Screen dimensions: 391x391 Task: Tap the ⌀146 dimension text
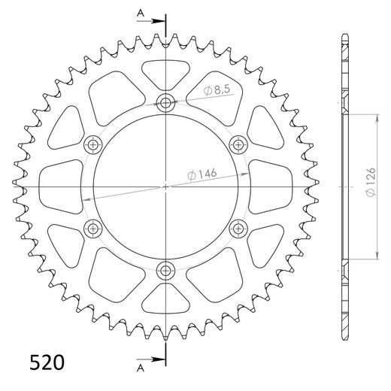pos(201,174)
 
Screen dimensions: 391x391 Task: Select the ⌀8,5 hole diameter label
pos(217,90)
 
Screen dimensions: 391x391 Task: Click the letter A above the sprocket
pos(139,12)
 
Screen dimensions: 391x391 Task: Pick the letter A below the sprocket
pos(139,368)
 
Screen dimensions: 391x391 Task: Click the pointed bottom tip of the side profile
pos(344,336)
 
